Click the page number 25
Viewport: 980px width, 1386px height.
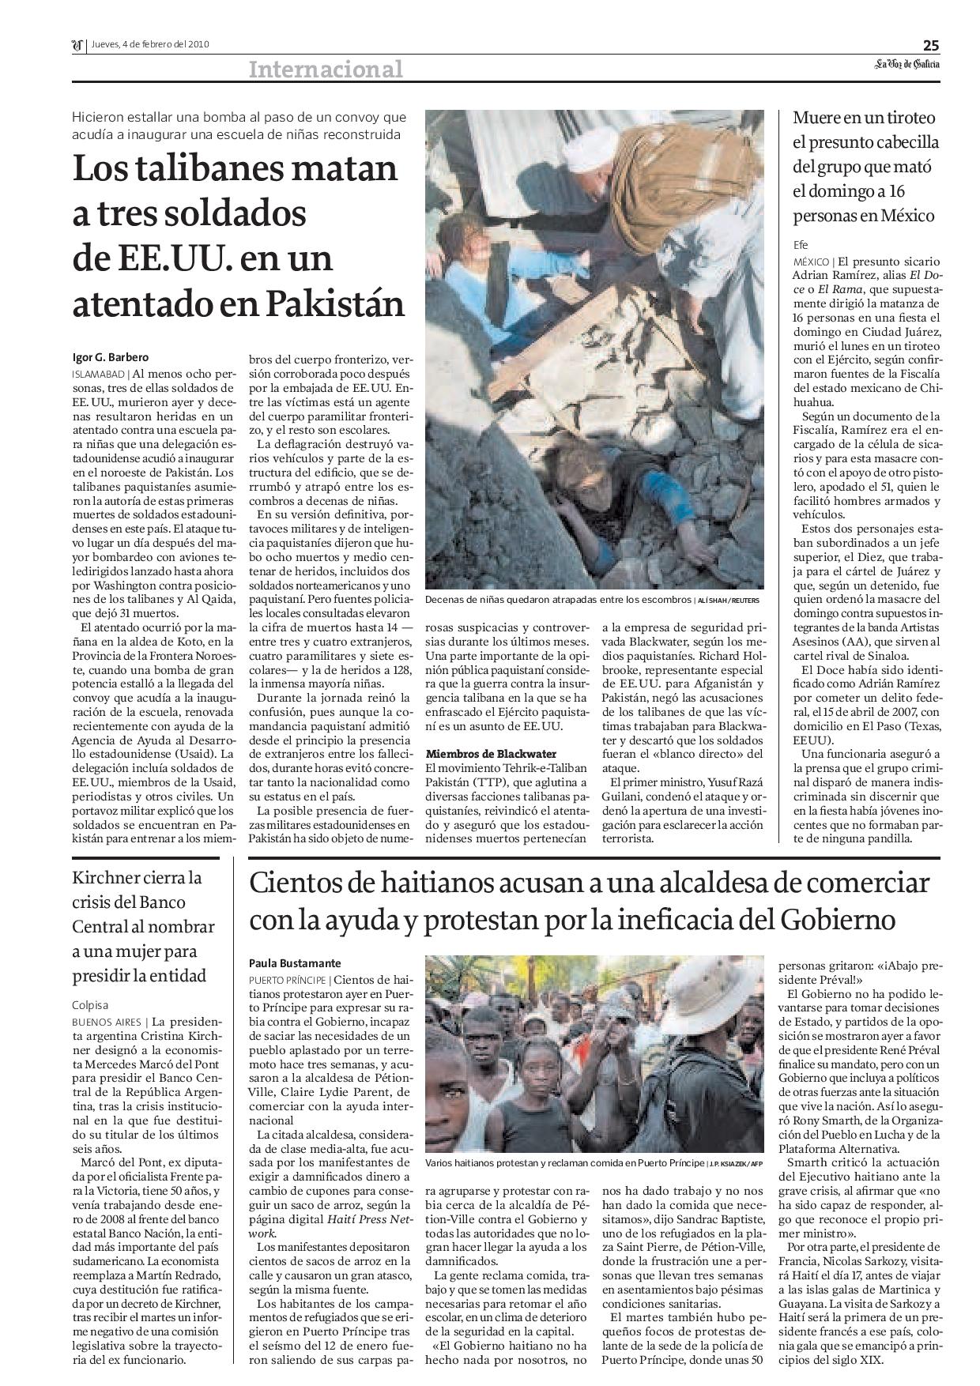(x=931, y=44)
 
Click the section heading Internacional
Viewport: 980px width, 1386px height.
(x=326, y=70)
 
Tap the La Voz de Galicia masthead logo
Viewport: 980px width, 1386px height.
(x=906, y=65)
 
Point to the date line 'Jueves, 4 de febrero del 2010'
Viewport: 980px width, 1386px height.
(x=149, y=44)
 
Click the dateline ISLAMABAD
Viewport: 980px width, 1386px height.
(x=99, y=373)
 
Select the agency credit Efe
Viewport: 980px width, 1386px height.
(x=802, y=244)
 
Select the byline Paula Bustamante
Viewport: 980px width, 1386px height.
(x=295, y=963)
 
